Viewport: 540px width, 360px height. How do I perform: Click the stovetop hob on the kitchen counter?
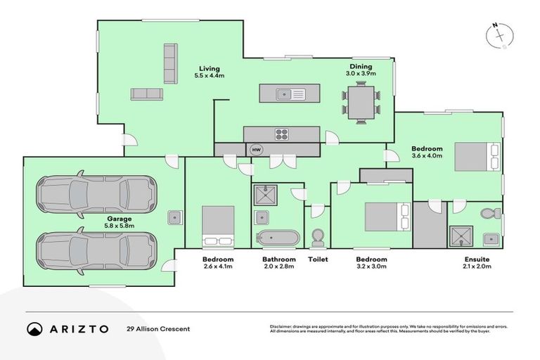pos(282,134)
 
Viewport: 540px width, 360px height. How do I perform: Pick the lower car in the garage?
pos(94,247)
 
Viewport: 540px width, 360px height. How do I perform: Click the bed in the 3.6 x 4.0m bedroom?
pos(477,156)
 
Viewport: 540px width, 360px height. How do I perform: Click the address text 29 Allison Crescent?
pos(158,329)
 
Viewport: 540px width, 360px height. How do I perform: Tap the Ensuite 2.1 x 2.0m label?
pos(476,263)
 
